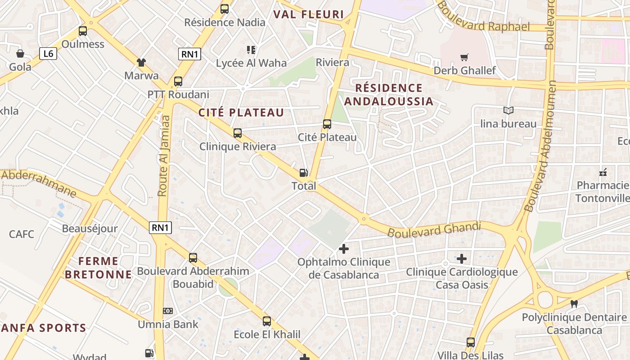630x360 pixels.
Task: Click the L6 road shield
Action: (48, 54)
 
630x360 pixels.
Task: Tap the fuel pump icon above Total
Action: (304, 173)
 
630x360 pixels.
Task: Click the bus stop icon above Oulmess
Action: (83, 31)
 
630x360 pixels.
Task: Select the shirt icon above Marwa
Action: (141, 62)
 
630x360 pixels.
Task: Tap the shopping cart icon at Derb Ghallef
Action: (464, 57)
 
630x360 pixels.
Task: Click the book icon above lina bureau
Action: (508, 110)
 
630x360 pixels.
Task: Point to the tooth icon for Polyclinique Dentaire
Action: (574, 304)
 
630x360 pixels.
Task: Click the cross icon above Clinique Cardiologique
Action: (462, 259)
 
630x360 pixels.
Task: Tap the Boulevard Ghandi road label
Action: (434, 229)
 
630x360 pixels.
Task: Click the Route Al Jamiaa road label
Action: (164, 156)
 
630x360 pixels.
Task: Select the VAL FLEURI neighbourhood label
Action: (309, 14)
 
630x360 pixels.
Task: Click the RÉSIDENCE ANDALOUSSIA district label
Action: (389, 94)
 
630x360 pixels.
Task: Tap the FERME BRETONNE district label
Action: (99, 268)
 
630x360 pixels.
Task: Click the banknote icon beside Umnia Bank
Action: (168, 311)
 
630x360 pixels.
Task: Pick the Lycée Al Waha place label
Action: (251, 63)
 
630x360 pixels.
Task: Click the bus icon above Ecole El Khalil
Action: (267, 321)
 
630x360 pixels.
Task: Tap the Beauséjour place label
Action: (90, 229)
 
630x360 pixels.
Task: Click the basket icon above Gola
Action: (20, 54)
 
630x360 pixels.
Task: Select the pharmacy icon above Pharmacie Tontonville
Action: (603, 172)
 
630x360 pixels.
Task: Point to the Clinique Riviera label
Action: (238, 147)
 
